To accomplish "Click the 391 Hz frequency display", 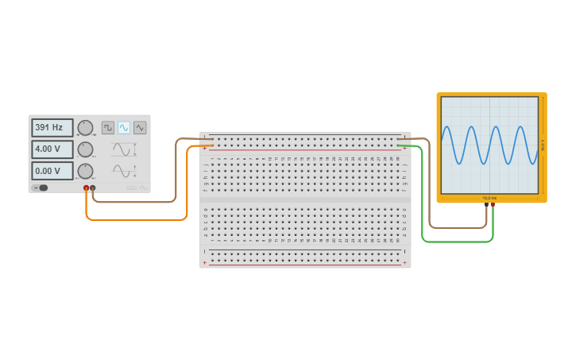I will [52, 127].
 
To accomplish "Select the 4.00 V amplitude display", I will [52, 149].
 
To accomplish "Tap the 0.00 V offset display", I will [52, 171].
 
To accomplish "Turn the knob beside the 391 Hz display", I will [86, 128].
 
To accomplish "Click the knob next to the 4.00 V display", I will [86, 149].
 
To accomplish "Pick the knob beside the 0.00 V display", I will [86, 171].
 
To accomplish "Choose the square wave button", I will [108, 127].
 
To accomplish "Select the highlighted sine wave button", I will [124, 127].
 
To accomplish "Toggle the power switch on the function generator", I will [41, 188].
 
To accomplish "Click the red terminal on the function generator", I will [87, 188].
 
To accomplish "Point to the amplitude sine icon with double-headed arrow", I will [124, 149].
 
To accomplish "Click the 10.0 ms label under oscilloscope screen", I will [489, 198].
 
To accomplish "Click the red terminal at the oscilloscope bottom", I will [493, 205].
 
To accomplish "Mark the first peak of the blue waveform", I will [449, 126].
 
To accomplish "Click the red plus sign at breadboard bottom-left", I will [204, 262].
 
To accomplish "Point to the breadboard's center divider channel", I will [305, 199].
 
